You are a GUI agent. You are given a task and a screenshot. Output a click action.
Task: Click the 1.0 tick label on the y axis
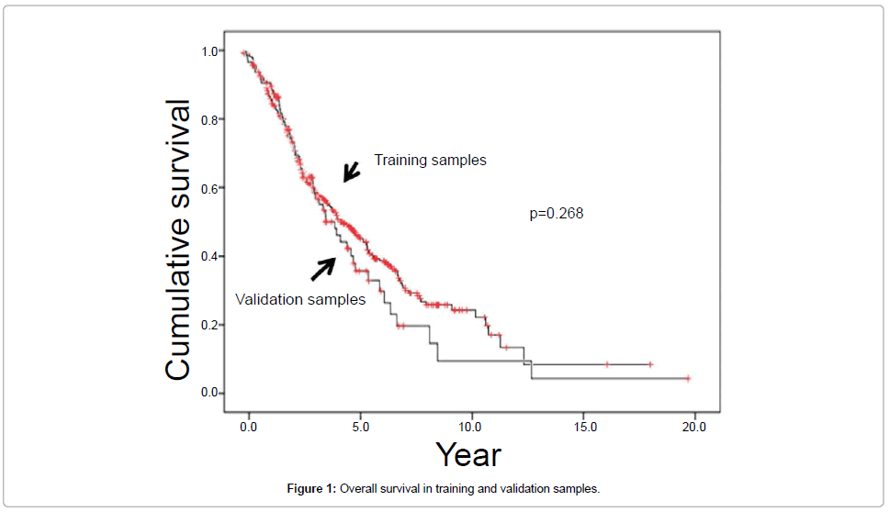209,51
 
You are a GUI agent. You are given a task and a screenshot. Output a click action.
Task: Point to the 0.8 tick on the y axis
209,120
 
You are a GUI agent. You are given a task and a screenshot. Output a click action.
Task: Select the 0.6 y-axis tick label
209,188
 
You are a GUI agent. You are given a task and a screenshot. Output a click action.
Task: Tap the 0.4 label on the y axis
209,256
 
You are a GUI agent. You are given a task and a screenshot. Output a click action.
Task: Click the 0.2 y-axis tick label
209,325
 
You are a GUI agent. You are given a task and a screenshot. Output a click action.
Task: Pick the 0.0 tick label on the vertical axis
209,393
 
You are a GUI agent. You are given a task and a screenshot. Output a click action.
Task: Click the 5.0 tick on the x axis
360,427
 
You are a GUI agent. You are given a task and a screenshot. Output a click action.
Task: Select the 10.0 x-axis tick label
471,427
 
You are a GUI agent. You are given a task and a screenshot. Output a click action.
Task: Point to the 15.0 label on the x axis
583,427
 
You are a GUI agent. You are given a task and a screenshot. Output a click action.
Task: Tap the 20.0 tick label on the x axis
694,427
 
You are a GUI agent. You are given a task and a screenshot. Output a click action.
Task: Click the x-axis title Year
468,455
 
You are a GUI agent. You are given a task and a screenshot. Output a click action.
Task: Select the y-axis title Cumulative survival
179,240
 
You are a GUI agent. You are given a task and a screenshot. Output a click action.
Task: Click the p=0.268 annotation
557,214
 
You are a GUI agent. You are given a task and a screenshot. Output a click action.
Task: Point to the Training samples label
430,160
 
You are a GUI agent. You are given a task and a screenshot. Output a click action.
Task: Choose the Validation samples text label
300,299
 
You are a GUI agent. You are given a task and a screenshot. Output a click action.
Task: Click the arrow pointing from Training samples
352,172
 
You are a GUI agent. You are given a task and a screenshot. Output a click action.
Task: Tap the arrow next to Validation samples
323,268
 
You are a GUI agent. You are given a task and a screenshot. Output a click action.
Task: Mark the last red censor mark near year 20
688,378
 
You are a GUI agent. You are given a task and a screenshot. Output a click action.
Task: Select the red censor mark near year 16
607,364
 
